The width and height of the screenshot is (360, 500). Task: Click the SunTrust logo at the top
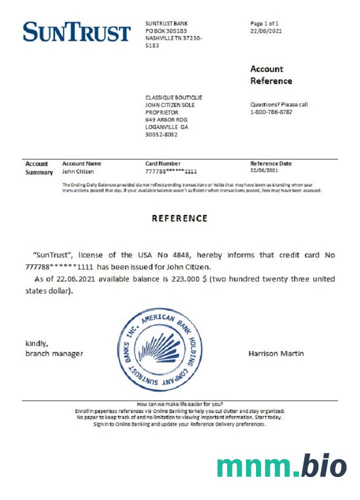click(76, 32)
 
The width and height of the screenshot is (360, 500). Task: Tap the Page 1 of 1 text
click(264, 23)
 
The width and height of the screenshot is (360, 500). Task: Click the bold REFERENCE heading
click(179, 218)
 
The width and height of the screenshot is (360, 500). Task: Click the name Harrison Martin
click(276, 353)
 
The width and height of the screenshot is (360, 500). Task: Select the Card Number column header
click(162, 163)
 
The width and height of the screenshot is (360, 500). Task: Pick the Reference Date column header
click(270, 163)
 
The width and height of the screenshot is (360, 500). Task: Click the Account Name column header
click(81, 163)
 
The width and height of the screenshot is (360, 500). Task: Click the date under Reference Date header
click(265, 171)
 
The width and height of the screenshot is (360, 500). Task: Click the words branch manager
click(54, 353)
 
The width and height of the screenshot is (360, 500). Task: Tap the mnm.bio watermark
click(281, 466)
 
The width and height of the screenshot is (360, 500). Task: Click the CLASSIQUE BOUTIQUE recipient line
click(173, 97)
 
